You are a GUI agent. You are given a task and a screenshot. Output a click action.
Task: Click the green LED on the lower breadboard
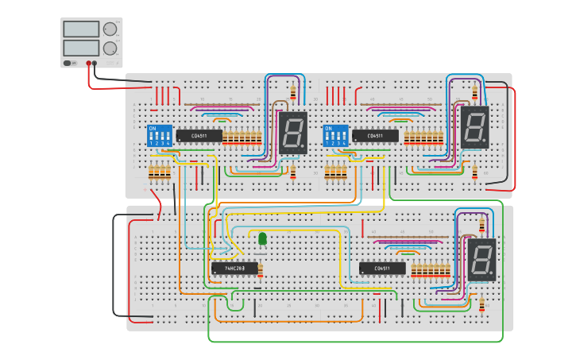tap(262, 238)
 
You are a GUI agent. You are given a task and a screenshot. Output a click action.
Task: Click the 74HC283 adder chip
tap(234, 269)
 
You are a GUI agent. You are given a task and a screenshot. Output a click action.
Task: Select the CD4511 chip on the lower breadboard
tap(382, 269)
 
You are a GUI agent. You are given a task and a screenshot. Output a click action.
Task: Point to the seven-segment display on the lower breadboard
tap(481, 260)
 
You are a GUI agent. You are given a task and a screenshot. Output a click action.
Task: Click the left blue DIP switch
tap(160, 135)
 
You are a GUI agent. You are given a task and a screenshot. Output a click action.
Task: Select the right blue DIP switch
tap(335, 136)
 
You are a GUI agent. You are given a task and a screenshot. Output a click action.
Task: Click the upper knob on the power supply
tap(109, 29)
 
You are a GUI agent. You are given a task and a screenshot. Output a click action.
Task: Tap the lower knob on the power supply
tap(109, 48)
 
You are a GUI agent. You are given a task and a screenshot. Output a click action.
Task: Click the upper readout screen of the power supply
tap(80, 29)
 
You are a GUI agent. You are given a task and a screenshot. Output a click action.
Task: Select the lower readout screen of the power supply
tap(80, 48)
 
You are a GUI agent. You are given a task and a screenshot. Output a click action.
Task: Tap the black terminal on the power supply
tap(95, 63)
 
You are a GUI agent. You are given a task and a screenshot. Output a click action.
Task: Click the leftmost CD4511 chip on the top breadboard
tap(199, 136)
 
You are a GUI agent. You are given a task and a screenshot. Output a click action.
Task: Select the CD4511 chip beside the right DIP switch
tap(375, 136)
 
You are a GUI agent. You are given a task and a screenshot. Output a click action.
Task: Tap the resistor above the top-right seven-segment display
tap(476, 92)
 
